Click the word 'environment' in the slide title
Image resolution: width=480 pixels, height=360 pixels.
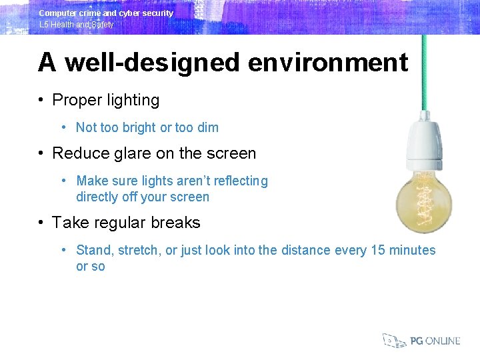click(x=328, y=63)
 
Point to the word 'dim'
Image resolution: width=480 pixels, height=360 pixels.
click(x=208, y=127)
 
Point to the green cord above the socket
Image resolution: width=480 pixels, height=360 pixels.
click(x=424, y=73)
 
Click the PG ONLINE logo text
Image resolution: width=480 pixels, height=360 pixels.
click(x=435, y=341)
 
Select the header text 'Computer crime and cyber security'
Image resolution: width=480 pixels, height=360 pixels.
click(x=106, y=13)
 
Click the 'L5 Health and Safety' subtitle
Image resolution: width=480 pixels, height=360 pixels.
click(x=76, y=25)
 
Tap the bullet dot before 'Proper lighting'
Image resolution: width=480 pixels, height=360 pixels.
click(x=41, y=101)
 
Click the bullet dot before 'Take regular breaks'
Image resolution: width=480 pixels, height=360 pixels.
click(x=41, y=223)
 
